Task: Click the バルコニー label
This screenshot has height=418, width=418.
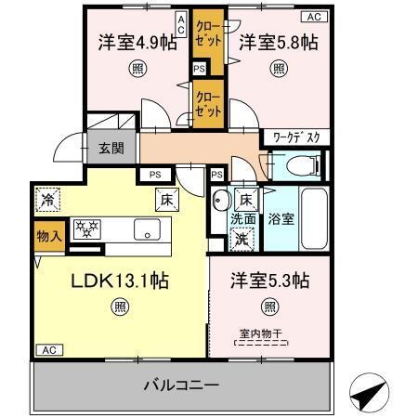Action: tap(180, 384)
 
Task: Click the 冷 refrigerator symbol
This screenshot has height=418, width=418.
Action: tap(46, 198)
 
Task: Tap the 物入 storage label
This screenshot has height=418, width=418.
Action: tap(49, 236)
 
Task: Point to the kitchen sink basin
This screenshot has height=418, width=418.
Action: tap(147, 229)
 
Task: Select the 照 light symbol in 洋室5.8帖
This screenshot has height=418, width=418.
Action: tap(279, 67)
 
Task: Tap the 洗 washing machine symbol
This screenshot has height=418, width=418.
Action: tap(241, 238)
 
